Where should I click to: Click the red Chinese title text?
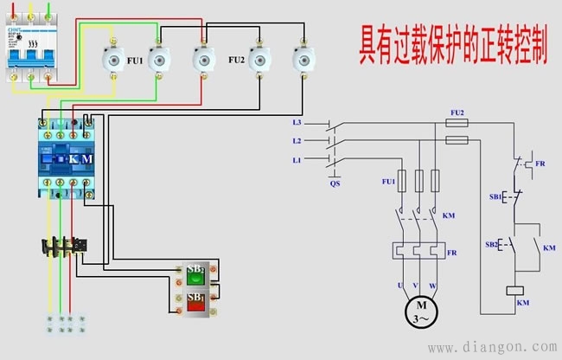point(453,48)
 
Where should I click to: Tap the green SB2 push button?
point(196,275)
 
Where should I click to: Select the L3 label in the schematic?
point(297,125)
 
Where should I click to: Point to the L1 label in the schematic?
point(297,160)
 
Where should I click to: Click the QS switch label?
point(335,183)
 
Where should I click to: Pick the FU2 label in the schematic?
point(457,112)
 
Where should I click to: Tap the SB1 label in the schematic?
point(496,198)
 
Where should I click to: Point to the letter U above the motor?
point(399,285)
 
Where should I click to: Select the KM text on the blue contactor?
point(80,159)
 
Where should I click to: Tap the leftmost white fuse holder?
point(113,61)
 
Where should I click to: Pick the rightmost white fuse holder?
point(303,61)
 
